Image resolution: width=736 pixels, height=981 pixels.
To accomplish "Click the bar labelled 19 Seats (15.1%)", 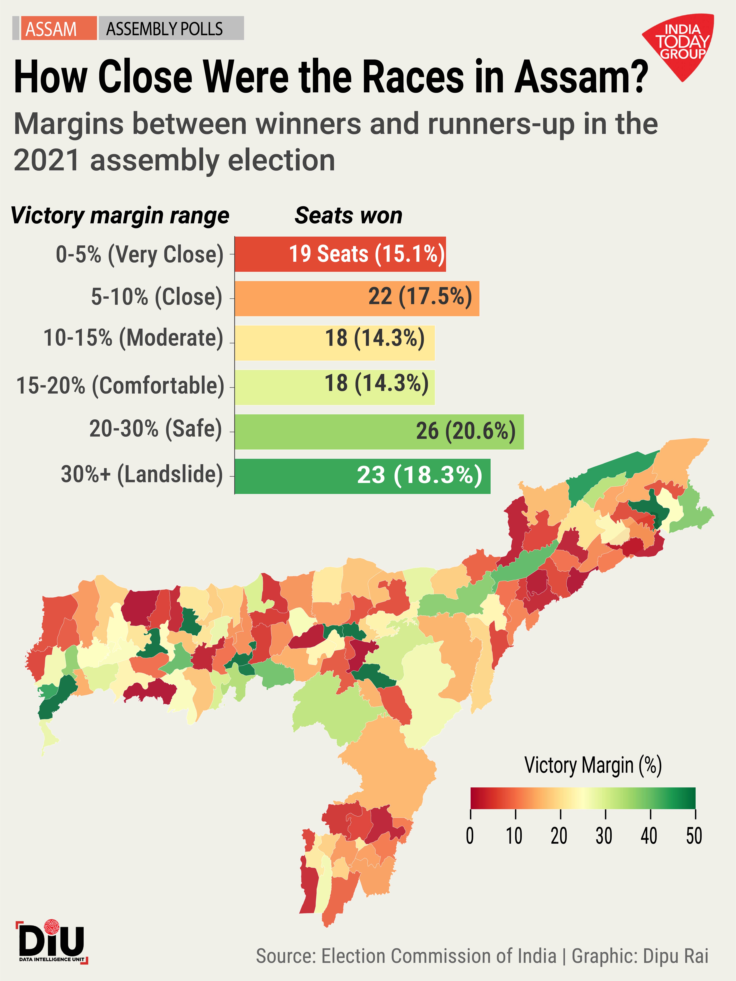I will click(340, 254).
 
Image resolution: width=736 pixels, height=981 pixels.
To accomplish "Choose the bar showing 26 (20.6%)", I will click(379, 431).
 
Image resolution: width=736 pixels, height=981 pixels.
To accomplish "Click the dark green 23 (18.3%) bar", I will click(362, 476).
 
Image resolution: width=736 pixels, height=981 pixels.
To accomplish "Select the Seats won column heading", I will click(348, 215).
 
